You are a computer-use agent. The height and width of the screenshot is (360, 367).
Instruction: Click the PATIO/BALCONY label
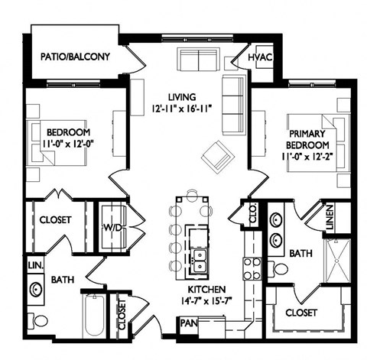[75, 57]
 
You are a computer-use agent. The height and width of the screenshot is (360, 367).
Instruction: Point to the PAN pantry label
[187, 323]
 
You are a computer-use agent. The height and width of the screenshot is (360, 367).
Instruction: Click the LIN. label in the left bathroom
[34, 264]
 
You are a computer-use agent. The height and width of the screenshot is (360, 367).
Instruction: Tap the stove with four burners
[251, 267]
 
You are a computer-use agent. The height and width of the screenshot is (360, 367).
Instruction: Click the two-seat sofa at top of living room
[197, 59]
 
